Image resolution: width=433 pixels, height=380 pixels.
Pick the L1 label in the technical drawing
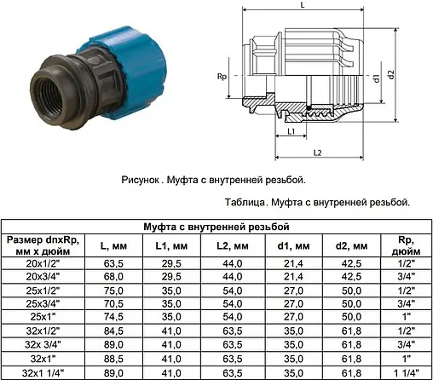[x=291, y=132]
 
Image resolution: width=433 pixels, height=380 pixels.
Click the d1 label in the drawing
[x=375, y=78]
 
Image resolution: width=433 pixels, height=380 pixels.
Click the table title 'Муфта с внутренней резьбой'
[x=216, y=226]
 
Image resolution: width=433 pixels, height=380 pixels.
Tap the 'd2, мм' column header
[x=348, y=245]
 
